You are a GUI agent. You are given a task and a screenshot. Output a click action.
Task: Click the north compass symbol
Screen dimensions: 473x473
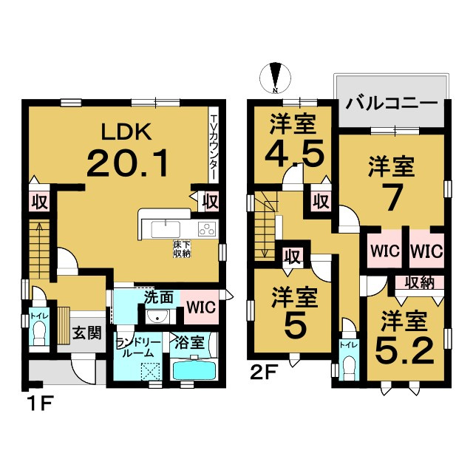coord(275,78)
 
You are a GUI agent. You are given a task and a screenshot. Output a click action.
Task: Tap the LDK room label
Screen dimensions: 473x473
coord(126,132)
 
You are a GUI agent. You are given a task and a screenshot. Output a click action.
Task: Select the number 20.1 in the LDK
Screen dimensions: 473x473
coord(127,163)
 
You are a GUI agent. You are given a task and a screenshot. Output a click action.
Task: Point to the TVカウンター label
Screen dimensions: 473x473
coord(214,147)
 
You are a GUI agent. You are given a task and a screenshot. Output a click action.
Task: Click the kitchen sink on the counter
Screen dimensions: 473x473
coord(166,229)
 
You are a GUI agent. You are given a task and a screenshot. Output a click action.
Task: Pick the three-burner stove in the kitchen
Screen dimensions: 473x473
coord(207,228)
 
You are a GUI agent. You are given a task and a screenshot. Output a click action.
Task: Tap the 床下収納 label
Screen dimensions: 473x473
coord(182,248)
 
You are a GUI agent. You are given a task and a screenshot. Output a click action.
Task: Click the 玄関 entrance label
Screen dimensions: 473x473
coord(86,333)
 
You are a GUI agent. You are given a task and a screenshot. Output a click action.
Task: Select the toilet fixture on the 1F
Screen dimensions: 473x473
coord(39,333)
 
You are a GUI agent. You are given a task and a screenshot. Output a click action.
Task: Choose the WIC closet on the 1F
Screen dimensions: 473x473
coord(201,307)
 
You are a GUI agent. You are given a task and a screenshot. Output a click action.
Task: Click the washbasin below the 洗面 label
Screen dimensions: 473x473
coord(157,316)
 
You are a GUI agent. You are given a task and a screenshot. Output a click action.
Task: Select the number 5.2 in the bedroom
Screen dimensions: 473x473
coord(405,350)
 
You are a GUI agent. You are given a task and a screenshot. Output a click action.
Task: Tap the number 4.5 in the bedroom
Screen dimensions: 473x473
coord(294,153)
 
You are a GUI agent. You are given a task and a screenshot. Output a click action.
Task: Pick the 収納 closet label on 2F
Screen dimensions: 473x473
coord(419,282)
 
